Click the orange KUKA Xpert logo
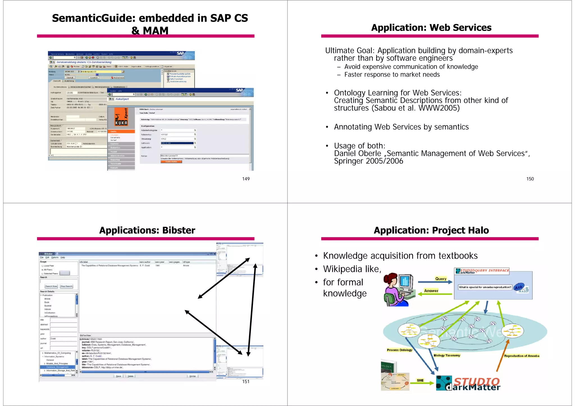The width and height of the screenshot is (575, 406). pyautogui.click(x=121, y=117)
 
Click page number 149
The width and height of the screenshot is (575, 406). pyautogui.click(x=246, y=179)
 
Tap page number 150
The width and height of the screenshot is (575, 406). pyautogui.click(x=530, y=179)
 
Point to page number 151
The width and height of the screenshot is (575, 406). pyautogui.click(x=246, y=381)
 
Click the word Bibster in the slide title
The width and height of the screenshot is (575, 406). pyautogui.click(x=179, y=230)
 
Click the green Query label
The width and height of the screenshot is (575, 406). pyautogui.click(x=441, y=279)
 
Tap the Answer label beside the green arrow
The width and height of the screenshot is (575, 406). pyautogui.click(x=431, y=291)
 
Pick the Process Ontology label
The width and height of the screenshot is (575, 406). pyautogui.click(x=399, y=350)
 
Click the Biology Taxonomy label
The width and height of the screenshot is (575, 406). pyautogui.click(x=447, y=355)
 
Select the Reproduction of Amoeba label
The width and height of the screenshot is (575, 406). pyautogui.click(x=521, y=356)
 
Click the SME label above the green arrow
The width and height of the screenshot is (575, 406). pyautogui.click(x=420, y=380)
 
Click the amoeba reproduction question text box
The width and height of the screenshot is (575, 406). pyautogui.click(x=485, y=287)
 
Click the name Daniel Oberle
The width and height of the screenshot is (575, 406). pyautogui.click(x=357, y=153)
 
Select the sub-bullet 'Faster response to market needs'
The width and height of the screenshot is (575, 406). pyautogui.click(x=392, y=75)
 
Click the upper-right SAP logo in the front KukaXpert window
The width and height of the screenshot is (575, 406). pyautogui.click(x=239, y=90)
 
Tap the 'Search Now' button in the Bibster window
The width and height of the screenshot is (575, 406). pyautogui.click(x=51, y=286)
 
